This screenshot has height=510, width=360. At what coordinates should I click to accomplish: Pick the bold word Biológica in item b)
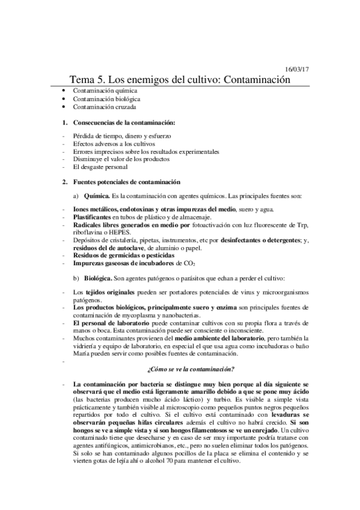tap(99, 279)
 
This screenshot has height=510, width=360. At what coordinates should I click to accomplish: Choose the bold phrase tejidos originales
tap(112, 292)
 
